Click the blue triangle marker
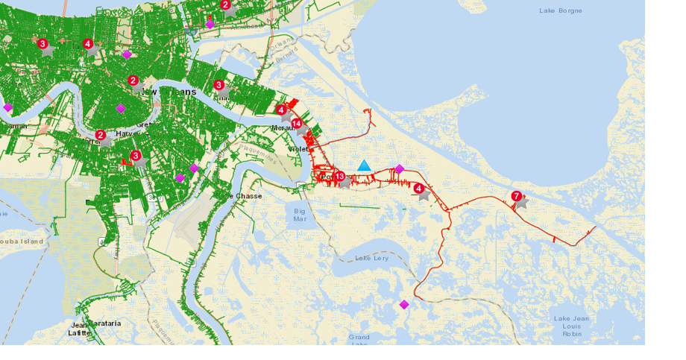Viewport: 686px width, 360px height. [364, 165]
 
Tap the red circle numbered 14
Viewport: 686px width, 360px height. [297, 124]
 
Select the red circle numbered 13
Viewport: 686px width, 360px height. [339, 177]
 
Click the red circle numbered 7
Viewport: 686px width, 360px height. [516, 196]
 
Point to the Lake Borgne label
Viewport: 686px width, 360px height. [561, 10]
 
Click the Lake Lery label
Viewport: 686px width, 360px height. [371, 258]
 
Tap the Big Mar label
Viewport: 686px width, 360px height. [300, 215]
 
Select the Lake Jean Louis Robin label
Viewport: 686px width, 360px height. [572, 326]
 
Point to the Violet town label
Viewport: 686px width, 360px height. [298, 149]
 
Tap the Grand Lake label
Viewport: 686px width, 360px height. [359, 340]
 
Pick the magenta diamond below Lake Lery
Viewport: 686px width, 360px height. [404, 304]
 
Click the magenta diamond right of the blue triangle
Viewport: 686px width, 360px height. [399, 168]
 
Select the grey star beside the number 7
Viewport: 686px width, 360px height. [521, 202]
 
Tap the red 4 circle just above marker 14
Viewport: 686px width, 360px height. [281, 110]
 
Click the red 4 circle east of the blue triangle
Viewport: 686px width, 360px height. [419, 189]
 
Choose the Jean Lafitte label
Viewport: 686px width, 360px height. [79, 329]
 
